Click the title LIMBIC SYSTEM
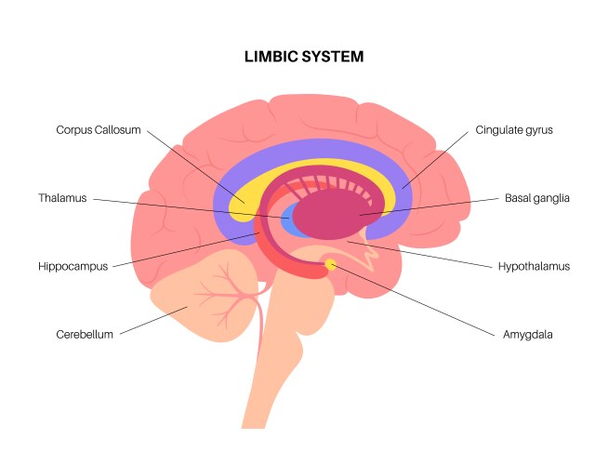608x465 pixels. [303, 57]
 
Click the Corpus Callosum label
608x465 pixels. [99, 130]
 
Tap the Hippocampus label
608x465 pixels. [73, 266]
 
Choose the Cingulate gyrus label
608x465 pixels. [514, 130]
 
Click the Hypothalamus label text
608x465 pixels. [534, 266]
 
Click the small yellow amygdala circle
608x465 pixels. [330, 266]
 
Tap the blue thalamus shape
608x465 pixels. [289, 222]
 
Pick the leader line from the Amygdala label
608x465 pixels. [418, 302]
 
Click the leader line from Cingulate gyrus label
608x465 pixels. [437, 158]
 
